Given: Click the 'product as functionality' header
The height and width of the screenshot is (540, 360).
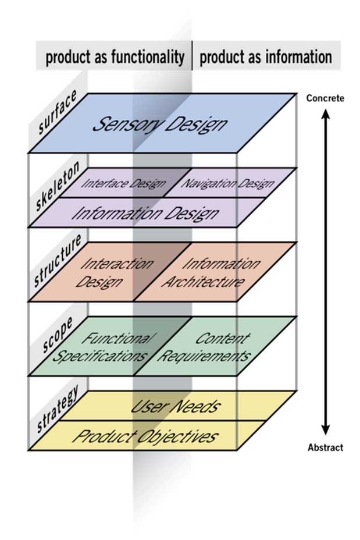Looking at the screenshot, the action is pyautogui.click(x=115, y=57).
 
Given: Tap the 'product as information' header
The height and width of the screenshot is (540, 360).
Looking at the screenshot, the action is pyautogui.click(x=266, y=57).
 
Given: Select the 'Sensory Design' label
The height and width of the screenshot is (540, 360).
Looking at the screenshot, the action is pyautogui.click(x=160, y=125).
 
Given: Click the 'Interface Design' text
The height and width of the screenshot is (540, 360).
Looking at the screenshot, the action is pyautogui.click(x=123, y=183).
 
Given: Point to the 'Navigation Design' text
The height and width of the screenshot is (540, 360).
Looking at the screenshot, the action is pyautogui.click(x=227, y=183).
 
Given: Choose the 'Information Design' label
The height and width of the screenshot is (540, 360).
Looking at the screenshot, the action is pyautogui.click(x=145, y=214).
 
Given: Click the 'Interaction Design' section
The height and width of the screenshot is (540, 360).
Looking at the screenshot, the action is pyautogui.click(x=114, y=273).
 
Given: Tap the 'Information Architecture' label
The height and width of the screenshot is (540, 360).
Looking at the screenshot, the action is pyautogui.click(x=211, y=273).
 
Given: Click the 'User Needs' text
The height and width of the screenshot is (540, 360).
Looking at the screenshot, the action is pyautogui.click(x=175, y=407).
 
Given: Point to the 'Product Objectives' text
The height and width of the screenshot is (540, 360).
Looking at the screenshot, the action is pyautogui.click(x=145, y=436).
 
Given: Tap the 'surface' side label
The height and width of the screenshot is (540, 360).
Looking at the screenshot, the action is pyautogui.click(x=57, y=112).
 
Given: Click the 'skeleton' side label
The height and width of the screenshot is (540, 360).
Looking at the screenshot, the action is pyautogui.click(x=57, y=186).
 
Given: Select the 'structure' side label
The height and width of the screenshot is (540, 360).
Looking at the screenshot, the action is pyautogui.click(x=58, y=261).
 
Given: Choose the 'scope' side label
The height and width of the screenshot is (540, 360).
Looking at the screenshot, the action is pyautogui.click(x=58, y=335).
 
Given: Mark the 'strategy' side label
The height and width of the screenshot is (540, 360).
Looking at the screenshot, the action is pyautogui.click(x=58, y=409).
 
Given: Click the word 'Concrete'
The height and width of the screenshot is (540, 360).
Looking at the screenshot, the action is pyautogui.click(x=325, y=98).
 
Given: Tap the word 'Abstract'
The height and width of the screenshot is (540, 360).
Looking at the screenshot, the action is pyautogui.click(x=325, y=447).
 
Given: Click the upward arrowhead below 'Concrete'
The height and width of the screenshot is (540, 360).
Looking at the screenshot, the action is pyautogui.click(x=326, y=114).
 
